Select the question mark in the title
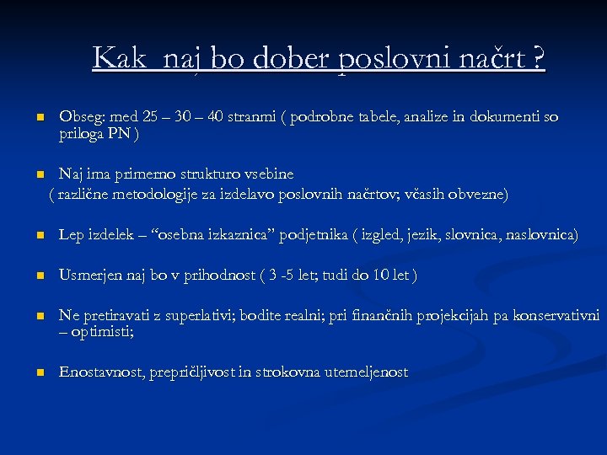(538, 58)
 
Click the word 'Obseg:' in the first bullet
(80, 116)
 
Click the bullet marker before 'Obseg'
(39, 118)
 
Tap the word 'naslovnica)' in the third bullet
(541, 234)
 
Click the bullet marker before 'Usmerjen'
(39, 276)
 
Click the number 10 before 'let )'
(383, 275)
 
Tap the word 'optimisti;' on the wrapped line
(102, 332)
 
